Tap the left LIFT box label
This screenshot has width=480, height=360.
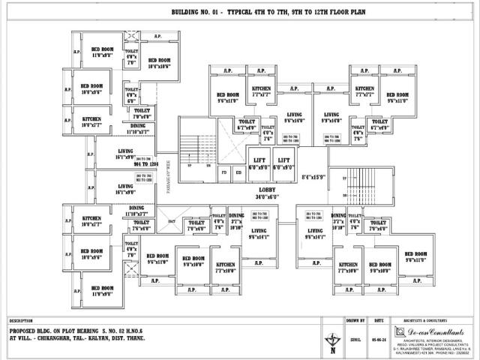(x=259, y=160)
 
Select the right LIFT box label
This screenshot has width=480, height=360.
(x=283, y=160)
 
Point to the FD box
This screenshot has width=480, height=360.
(x=223, y=172)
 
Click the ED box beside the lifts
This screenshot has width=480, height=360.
(x=238, y=172)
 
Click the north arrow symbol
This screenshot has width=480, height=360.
(x=331, y=342)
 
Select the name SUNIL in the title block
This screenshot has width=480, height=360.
(x=355, y=338)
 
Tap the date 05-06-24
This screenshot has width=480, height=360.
(x=377, y=338)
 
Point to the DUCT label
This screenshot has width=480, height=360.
(x=171, y=221)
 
